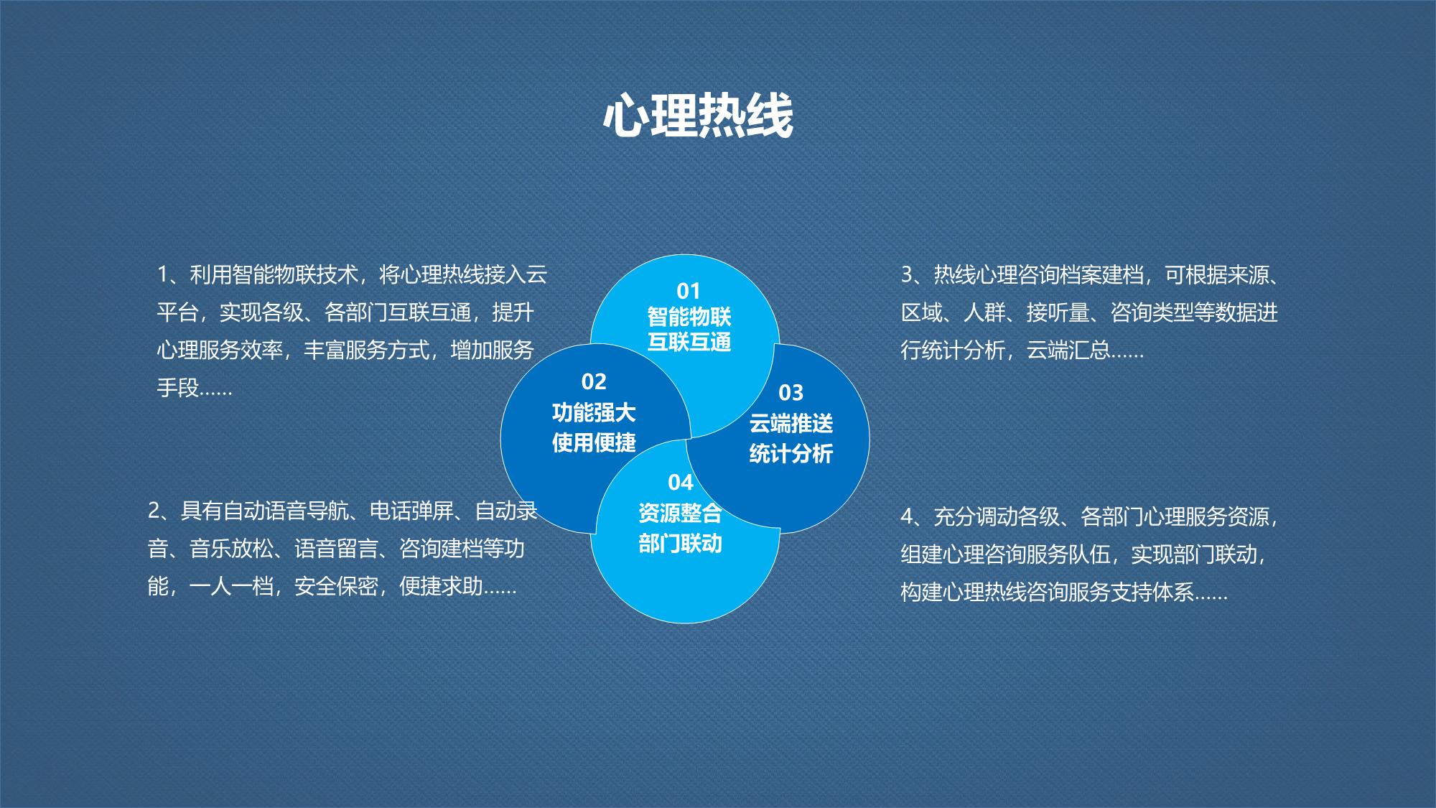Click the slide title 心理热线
click(698, 116)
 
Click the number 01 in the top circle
click(689, 291)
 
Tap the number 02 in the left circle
click(594, 381)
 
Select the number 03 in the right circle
click(791, 393)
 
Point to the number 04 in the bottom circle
click(680, 482)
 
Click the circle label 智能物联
click(689, 317)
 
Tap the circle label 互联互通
click(689, 342)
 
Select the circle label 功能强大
click(594, 413)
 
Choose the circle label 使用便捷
click(594, 442)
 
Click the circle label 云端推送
click(791, 424)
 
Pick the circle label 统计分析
click(791, 454)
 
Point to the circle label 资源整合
click(680, 514)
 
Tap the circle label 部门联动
click(680, 544)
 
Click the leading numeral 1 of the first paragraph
click(163, 274)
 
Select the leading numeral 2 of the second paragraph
click(154, 511)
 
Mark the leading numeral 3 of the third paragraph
click(907, 274)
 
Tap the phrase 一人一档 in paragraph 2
click(231, 587)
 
